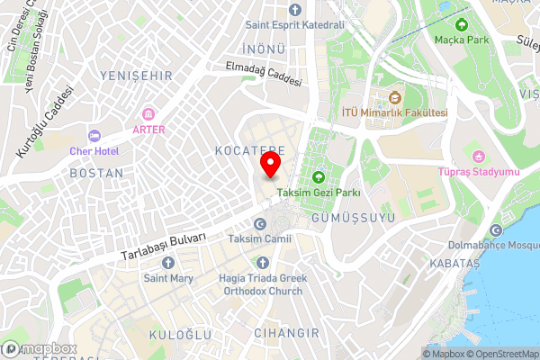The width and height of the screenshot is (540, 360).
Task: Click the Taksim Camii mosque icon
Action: [260, 224]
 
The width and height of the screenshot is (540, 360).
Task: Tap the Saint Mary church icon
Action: [167, 263]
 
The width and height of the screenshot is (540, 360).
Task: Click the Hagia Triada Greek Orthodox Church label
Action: [263, 284]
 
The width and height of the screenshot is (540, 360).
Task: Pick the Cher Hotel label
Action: [94, 150]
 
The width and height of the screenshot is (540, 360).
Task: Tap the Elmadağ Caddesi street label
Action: [263, 72]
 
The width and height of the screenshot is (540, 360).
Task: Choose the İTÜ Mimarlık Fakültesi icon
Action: [394, 98]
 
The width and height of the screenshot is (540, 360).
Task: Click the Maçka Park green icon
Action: [463, 24]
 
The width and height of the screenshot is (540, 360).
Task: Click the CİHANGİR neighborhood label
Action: [287, 333]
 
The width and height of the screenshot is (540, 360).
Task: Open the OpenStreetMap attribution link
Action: [503, 354]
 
